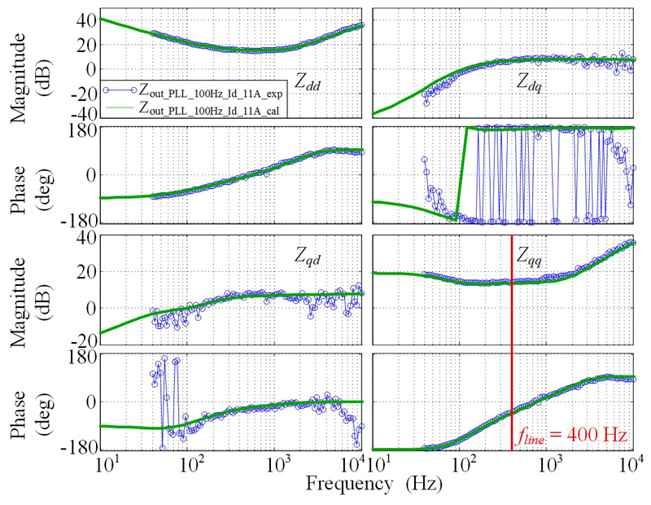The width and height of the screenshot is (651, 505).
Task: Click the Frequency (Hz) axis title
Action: (374, 485)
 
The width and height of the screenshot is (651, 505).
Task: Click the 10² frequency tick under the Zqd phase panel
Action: (192, 466)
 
